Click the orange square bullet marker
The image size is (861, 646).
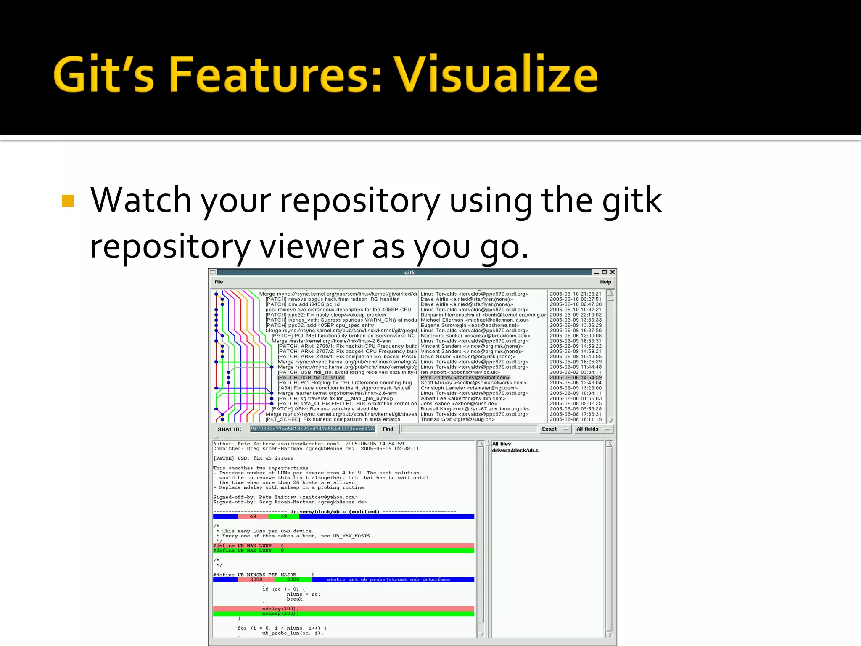(x=68, y=201)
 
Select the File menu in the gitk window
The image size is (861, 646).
(x=219, y=282)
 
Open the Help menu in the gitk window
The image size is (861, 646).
(x=605, y=282)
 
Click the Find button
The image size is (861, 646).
(x=388, y=429)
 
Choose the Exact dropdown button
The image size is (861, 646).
(x=555, y=429)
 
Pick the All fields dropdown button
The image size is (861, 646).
(x=593, y=429)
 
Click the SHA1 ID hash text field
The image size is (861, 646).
(x=312, y=429)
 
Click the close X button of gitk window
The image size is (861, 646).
(x=613, y=272)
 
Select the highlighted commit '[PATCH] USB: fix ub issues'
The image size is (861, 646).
(x=311, y=378)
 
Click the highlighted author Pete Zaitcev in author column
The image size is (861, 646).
(x=465, y=378)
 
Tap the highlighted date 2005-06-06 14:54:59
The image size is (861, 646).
(x=576, y=378)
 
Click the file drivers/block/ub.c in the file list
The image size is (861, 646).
(x=515, y=450)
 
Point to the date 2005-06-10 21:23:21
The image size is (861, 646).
(x=576, y=294)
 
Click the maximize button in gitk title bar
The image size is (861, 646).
(x=605, y=272)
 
